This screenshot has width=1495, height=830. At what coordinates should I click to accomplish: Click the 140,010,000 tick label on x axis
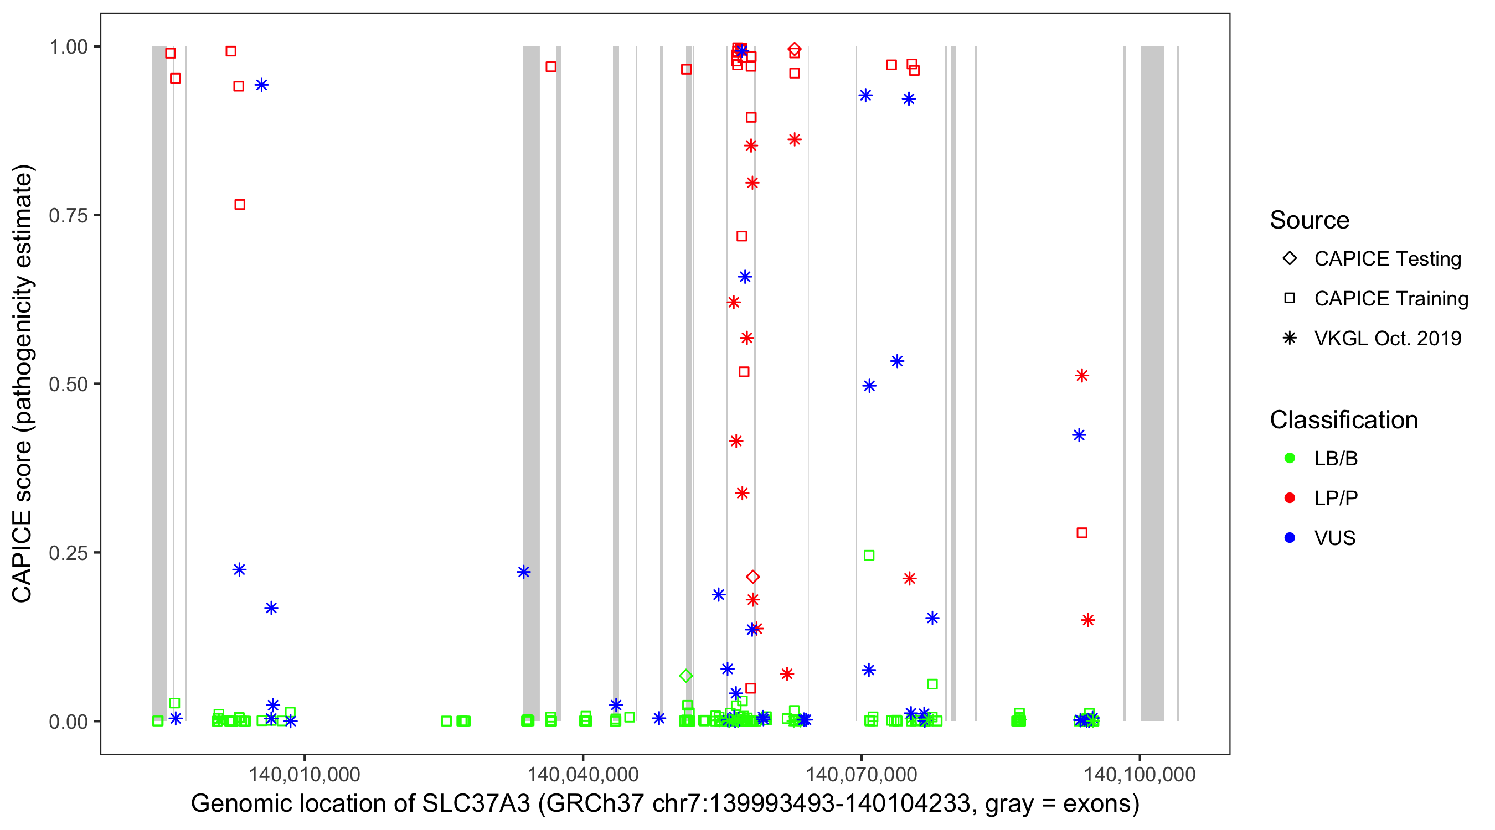coord(304,774)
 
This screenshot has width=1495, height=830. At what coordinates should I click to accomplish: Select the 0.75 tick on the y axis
coord(68,216)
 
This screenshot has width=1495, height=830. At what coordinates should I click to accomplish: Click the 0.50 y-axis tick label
coord(68,384)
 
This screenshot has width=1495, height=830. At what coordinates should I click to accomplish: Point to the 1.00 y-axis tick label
coord(68,47)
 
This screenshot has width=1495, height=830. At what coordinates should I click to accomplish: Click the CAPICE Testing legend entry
coord(1387,259)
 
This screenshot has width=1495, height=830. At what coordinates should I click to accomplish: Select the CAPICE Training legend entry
coord(1390,299)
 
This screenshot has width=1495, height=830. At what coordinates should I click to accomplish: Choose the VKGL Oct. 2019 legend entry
coord(1387,338)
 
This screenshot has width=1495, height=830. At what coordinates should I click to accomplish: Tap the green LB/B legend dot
coord(1290,458)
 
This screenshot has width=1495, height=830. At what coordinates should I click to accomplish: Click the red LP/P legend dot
coord(1290,498)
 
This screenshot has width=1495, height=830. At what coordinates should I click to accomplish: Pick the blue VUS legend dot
coord(1290,538)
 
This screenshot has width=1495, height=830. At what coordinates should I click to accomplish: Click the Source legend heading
coord(1309,220)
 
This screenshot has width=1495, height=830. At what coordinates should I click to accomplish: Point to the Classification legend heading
coord(1343,420)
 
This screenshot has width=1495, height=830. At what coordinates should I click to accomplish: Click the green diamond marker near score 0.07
coord(686,676)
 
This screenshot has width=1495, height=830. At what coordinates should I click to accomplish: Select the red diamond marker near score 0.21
coord(752,577)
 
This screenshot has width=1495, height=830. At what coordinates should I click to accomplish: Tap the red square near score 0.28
coord(1082,532)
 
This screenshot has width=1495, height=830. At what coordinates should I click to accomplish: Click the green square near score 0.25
coord(869,556)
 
